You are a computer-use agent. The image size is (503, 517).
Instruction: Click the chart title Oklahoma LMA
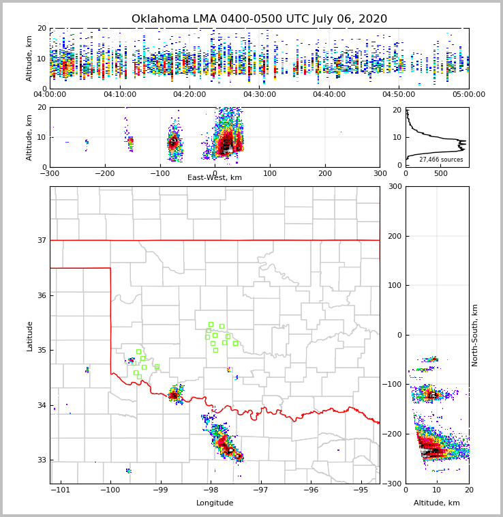[259, 19]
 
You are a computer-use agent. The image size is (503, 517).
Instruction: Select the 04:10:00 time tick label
[120, 95]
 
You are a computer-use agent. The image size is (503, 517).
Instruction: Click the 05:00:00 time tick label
[469, 95]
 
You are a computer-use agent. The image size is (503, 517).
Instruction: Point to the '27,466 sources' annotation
[441, 160]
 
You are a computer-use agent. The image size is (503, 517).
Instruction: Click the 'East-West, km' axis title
[215, 178]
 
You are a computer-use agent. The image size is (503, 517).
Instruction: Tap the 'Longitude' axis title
[215, 503]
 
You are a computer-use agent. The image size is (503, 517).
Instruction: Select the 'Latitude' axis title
[30, 336]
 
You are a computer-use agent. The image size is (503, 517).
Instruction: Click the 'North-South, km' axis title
[476, 335]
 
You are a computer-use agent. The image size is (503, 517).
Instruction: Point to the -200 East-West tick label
[104, 173]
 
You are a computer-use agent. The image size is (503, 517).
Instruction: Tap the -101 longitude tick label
[61, 490]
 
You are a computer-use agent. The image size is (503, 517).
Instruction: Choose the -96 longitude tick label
[311, 490]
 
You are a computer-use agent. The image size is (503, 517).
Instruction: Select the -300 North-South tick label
[393, 484]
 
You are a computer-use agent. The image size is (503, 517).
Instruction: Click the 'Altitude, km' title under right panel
[437, 503]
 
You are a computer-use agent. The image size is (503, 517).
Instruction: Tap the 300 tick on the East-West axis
[380, 173]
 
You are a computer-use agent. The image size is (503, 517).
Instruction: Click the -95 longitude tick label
[361, 490]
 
